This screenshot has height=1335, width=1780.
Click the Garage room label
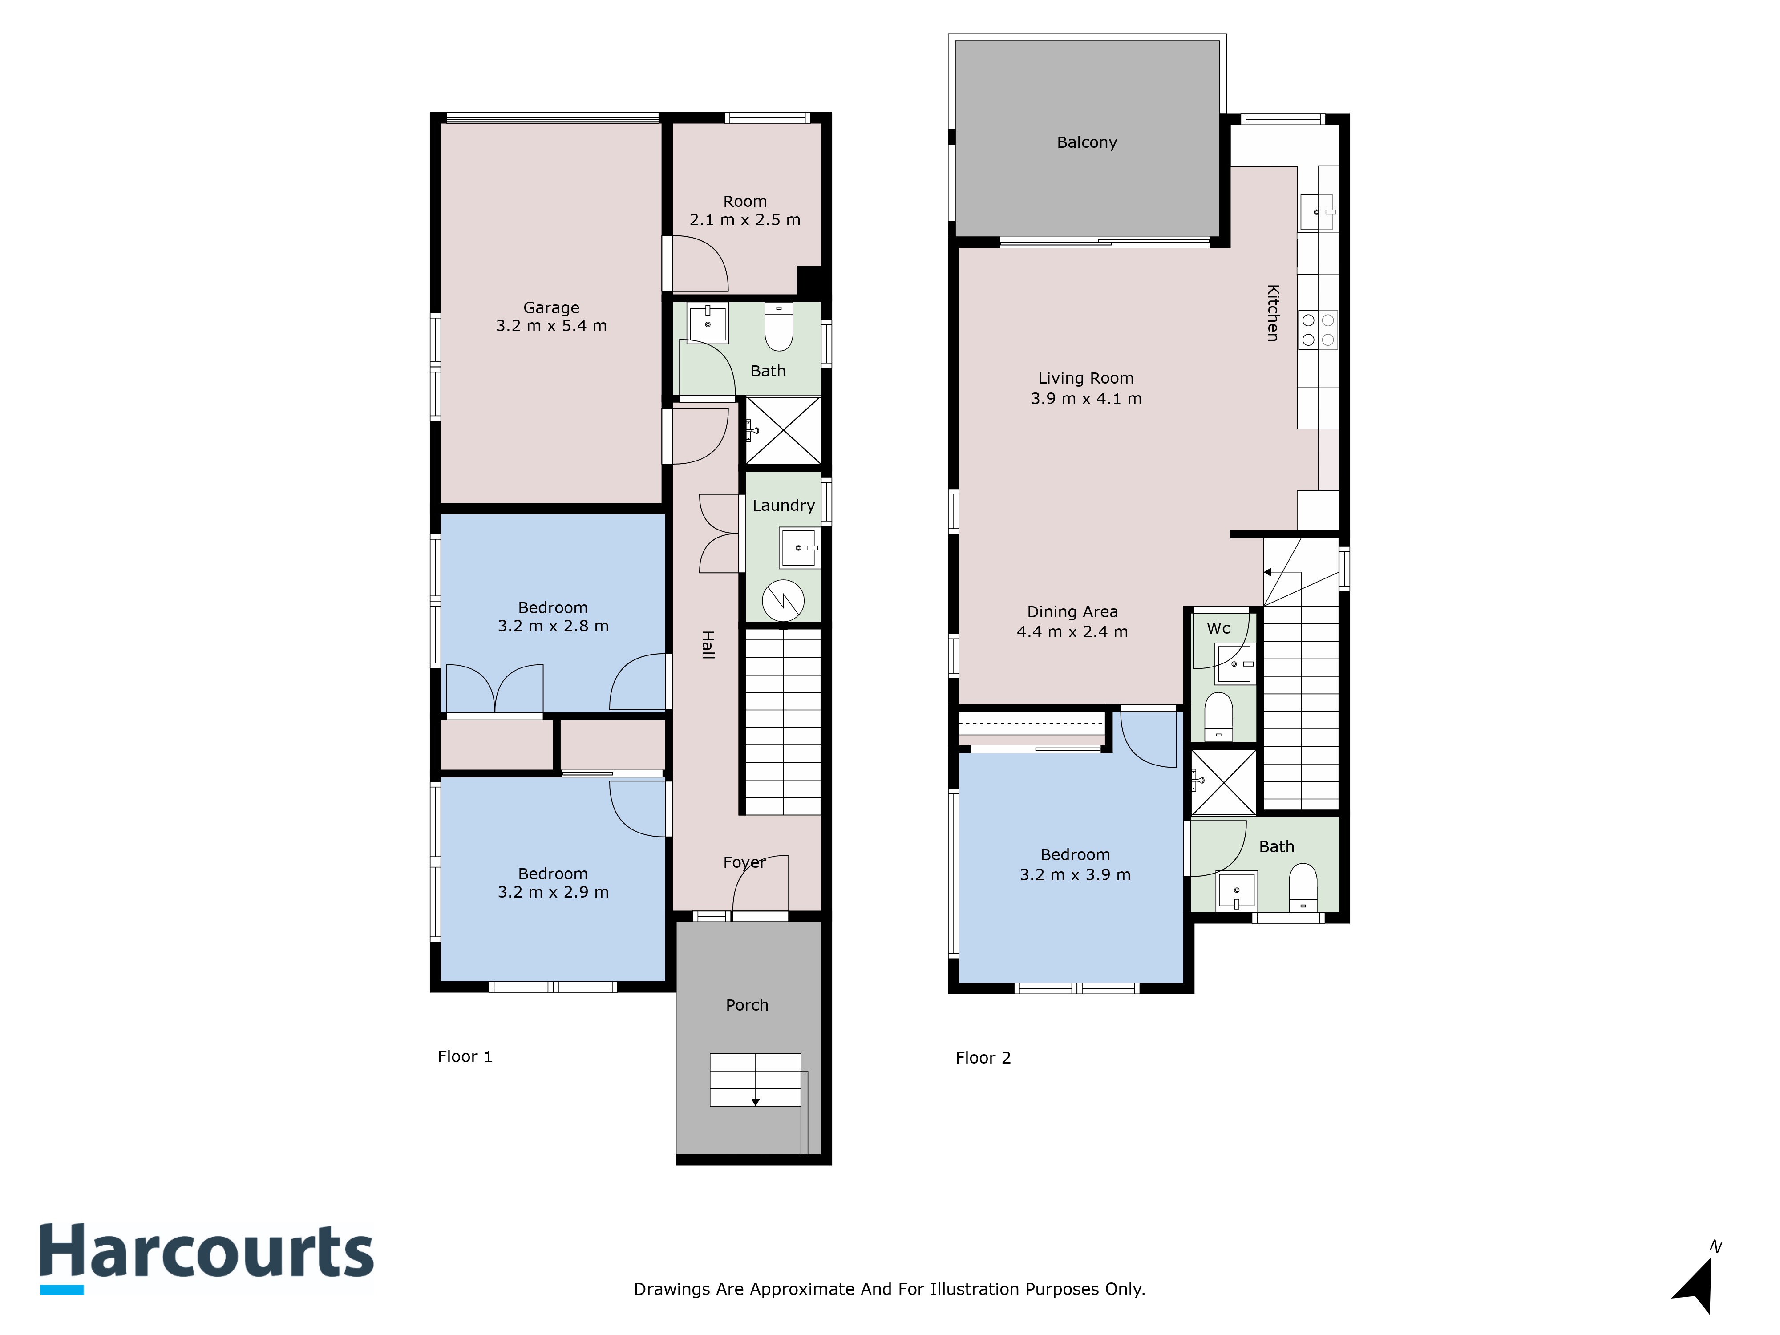pos(551,307)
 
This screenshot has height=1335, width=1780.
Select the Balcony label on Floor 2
pos(1086,142)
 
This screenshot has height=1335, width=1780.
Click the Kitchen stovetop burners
pos(1317,330)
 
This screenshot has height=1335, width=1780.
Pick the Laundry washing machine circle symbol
pos(783,600)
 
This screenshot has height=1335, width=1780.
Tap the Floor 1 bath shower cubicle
pos(783,430)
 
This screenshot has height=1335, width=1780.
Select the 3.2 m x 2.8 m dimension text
pos(553,626)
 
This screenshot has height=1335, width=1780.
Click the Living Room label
pos(1085,378)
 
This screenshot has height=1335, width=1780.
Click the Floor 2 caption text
pos(983,1058)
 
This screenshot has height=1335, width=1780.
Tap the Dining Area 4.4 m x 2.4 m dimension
pos(1072,632)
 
